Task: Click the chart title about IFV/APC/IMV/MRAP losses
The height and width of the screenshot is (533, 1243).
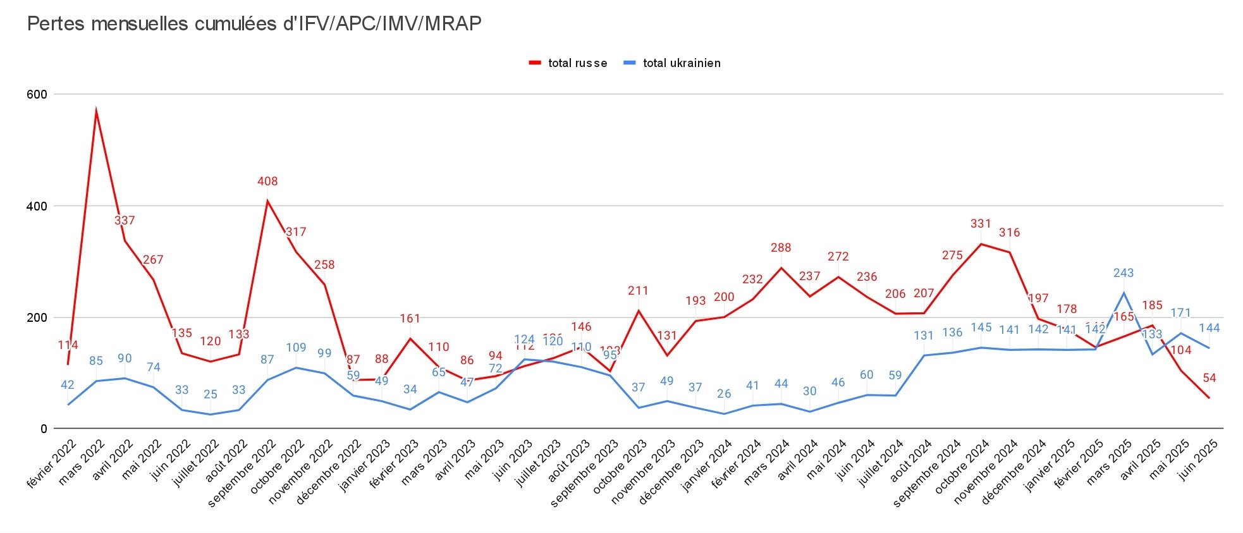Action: pos(254,24)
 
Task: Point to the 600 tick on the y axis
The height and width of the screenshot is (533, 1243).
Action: pos(37,94)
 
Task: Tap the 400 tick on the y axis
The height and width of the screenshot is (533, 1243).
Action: pos(37,206)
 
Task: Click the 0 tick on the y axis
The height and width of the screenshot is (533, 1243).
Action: pos(44,429)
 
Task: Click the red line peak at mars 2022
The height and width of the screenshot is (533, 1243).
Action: pos(96,111)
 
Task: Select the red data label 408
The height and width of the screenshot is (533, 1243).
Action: pos(267,181)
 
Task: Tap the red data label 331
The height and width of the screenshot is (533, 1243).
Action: pos(981,224)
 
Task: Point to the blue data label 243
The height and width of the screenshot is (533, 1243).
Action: pos(1124,273)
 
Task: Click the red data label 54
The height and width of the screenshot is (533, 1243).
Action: pos(1209,378)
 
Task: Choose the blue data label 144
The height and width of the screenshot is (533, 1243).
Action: pos(1209,328)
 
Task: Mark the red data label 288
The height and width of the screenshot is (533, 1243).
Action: pos(781,248)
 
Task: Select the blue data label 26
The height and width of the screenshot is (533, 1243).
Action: pos(724,394)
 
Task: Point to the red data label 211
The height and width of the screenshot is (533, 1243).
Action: pos(638,291)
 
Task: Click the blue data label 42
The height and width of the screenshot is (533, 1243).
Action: pos(68,385)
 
